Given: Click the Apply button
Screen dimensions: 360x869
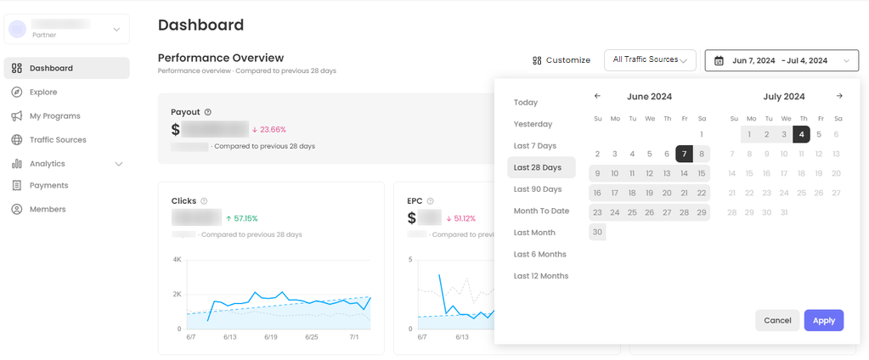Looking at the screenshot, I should (x=823, y=320).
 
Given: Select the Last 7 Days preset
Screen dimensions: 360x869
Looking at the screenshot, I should (x=534, y=146).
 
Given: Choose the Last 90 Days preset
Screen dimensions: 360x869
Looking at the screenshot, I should (x=537, y=189).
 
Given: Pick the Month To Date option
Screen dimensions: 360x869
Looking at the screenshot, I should (x=541, y=211).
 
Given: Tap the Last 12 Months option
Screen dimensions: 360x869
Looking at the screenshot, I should (x=540, y=276).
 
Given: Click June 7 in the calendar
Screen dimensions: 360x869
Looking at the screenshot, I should (x=684, y=154).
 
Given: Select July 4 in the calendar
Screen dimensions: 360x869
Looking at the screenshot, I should (x=801, y=134).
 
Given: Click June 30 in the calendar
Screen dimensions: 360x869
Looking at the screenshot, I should (x=597, y=232).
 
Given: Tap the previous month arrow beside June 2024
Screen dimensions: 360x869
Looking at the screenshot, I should (x=597, y=97).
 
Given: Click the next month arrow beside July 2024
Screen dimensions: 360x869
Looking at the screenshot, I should (x=839, y=97).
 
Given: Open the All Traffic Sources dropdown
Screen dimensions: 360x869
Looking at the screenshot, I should (x=650, y=60).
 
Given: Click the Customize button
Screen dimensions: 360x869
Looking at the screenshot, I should (x=561, y=60).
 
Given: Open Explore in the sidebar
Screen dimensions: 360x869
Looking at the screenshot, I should (x=43, y=92).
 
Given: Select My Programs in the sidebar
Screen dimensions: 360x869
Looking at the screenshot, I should (x=54, y=115).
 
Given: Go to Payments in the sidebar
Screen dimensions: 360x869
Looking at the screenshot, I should (x=48, y=185).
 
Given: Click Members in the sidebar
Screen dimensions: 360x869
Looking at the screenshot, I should (x=48, y=209).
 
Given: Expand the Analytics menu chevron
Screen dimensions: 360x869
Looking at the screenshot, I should (x=119, y=164).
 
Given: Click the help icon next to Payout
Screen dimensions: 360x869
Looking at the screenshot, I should (x=208, y=112).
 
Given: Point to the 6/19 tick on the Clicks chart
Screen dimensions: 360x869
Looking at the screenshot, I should (x=270, y=337).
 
